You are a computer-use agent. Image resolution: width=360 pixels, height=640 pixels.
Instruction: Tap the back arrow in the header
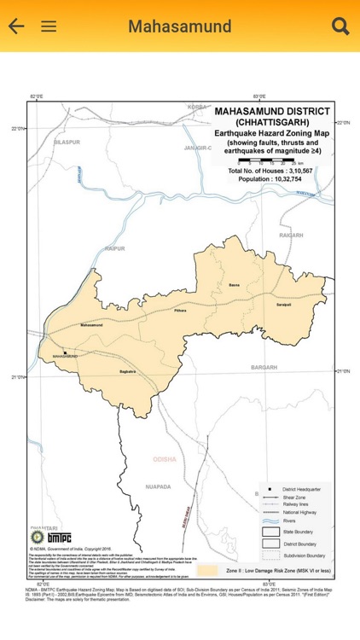click(x=16, y=26)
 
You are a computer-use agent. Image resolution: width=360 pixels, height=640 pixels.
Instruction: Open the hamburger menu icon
click(x=49, y=26)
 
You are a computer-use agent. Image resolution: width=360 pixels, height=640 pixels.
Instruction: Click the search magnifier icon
click(x=340, y=26)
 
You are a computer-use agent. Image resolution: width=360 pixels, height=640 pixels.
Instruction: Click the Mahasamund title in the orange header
click(x=179, y=26)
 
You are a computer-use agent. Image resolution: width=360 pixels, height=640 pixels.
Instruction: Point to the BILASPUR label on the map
click(x=67, y=143)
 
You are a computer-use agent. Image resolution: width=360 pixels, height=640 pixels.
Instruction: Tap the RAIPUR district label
click(x=114, y=248)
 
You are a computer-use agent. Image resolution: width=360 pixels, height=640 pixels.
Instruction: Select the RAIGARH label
click(x=291, y=235)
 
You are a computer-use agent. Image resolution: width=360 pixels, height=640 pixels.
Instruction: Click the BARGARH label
click(x=264, y=367)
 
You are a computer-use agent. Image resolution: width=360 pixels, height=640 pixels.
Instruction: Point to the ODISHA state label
click(x=164, y=459)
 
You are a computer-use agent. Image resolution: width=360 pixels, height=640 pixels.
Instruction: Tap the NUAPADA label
click(x=158, y=486)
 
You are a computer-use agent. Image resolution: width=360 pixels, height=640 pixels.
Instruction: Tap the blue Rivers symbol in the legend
click(x=270, y=520)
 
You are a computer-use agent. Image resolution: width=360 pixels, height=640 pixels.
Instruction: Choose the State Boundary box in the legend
click(x=270, y=532)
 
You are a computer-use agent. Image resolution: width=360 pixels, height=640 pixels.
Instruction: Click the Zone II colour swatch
click(x=207, y=569)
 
